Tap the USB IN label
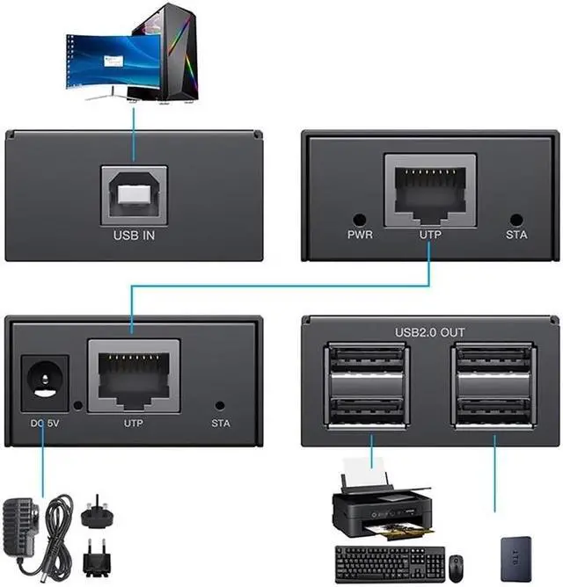pyautogui.click(x=135, y=236)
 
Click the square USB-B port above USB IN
pyautogui.click(x=134, y=194)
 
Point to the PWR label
pyautogui.click(x=360, y=236)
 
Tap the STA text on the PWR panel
pyautogui.click(x=516, y=236)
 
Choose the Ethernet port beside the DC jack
pyautogui.click(x=134, y=375)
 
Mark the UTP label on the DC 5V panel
pyautogui.click(x=134, y=423)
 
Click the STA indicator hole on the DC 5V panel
pyautogui.click(x=220, y=406)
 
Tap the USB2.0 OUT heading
pyautogui.click(x=430, y=330)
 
